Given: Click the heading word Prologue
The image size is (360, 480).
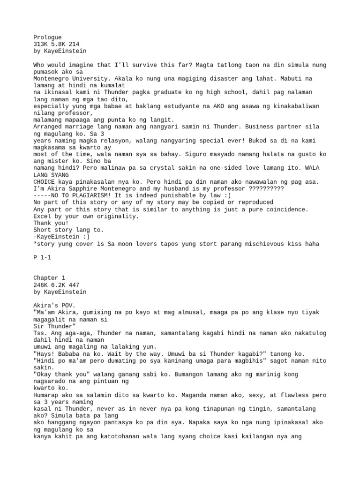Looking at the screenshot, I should tap(47, 37).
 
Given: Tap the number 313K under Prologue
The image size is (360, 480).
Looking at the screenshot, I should tap(41, 44).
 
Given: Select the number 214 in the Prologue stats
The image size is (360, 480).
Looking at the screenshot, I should tap(73, 44).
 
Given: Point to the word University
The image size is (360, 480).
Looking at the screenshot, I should tap(87, 79).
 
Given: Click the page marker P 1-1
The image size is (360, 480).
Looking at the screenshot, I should tap(43, 264).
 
